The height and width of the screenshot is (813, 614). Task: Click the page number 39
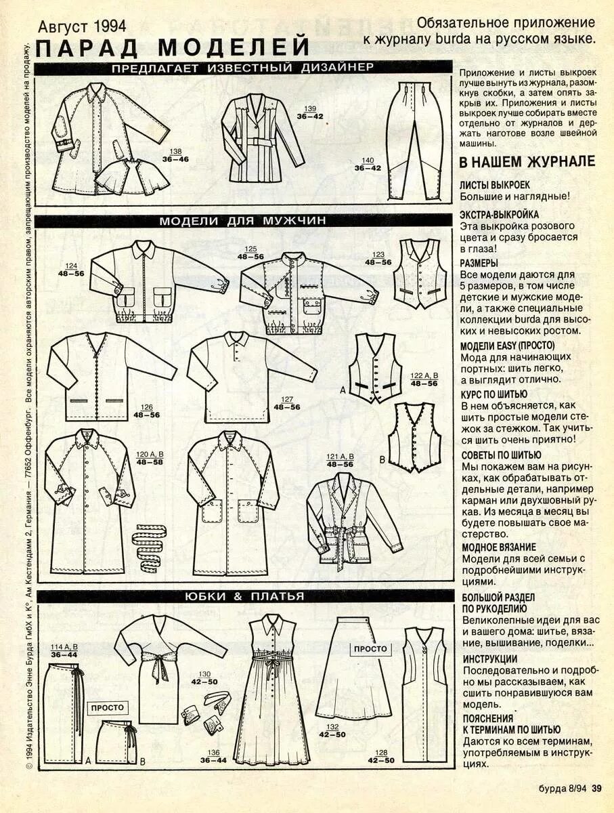[596, 788]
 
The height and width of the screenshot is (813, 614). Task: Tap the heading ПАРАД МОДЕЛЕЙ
[173, 48]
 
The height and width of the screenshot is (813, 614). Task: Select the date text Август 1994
[82, 26]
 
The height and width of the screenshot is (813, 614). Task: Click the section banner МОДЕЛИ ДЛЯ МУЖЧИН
[243, 221]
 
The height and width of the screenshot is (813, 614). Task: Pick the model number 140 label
[368, 160]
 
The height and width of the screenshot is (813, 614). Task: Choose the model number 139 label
[310, 108]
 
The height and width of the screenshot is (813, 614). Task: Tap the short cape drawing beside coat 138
[132, 175]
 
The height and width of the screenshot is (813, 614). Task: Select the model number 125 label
[250, 249]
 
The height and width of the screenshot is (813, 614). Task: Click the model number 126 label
[146, 407]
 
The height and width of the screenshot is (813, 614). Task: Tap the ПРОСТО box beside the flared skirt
[370, 648]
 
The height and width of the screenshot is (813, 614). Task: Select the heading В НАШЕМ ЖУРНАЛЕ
[527, 162]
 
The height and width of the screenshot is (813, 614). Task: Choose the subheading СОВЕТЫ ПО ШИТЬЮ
[502, 455]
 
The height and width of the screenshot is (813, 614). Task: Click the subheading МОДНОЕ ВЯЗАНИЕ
[498, 546]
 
